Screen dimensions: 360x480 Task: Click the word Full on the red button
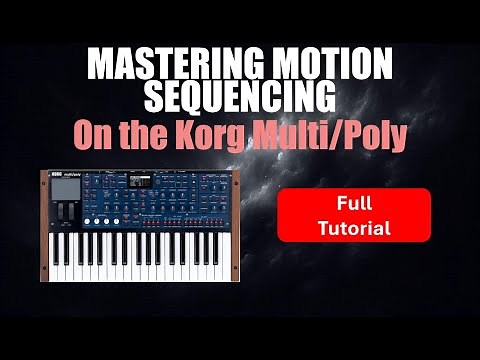tap(354, 203)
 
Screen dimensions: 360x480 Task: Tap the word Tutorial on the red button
tap(354, 227)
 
